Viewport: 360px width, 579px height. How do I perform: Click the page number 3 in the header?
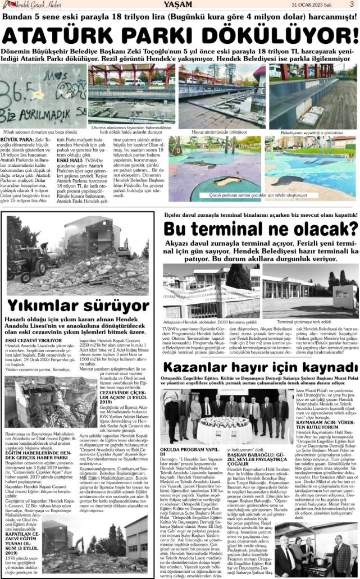[351, 4]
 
